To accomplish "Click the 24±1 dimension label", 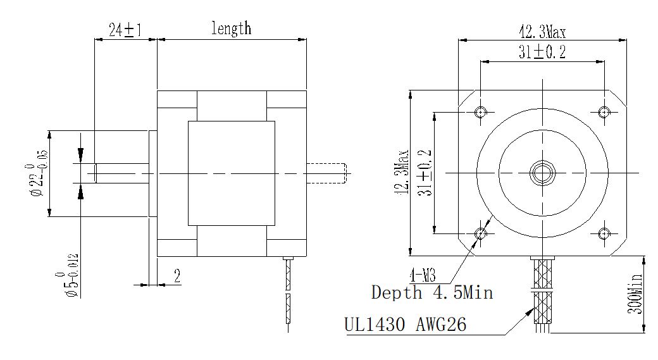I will (124, 30).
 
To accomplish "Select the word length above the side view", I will (231, 28).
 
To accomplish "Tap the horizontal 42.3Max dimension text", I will (542, 32).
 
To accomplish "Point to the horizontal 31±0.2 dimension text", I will (542, 53).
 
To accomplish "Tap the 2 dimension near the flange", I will (177, 276).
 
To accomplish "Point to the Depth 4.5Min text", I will (431, 292).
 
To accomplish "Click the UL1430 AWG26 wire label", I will (406, 325).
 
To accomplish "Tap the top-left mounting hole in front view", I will (481, 112).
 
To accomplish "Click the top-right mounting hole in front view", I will (604, 112).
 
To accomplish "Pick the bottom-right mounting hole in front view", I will (604, 233).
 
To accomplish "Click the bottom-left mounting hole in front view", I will (481, 233).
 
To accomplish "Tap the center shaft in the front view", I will (542, 172).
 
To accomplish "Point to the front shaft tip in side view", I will (95, 173).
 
